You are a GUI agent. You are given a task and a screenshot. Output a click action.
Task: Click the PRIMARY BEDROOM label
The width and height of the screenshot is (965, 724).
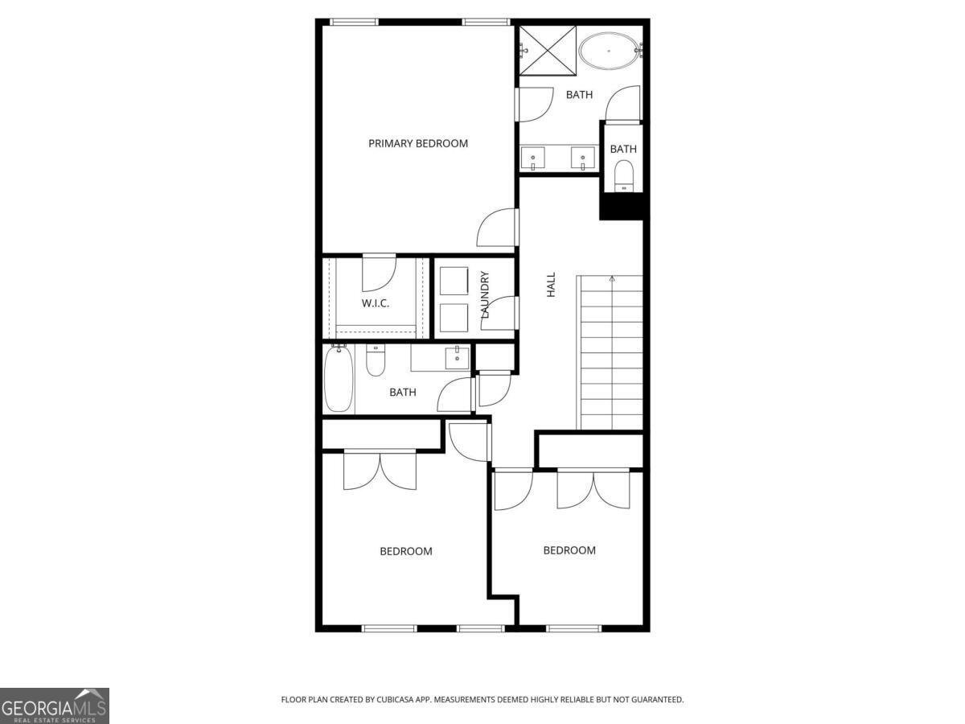(x=417, y=143)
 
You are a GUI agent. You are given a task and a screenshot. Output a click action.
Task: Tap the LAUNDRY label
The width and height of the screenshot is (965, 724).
(x=485, y=294)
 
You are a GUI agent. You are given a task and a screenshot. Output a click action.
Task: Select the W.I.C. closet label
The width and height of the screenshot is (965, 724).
(x=375, y=303)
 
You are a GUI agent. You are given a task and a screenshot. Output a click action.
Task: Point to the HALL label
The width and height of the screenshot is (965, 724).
(x=551, y=285)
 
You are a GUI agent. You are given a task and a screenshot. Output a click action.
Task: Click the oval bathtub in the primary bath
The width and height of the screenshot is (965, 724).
(x=610, y=51)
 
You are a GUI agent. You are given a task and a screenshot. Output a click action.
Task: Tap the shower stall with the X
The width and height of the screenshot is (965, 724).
(x=548, y=51)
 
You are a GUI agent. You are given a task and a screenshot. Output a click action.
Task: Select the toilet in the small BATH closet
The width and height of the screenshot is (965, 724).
(x=623, y=176)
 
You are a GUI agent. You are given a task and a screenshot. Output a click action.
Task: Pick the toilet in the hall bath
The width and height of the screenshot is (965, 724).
(x=376, y=360)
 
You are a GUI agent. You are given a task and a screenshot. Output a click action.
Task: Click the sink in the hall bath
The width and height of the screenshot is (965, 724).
(x=458, y=358)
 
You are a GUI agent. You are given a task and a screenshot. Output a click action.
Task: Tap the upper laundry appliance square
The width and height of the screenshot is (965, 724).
(x=454, y=281)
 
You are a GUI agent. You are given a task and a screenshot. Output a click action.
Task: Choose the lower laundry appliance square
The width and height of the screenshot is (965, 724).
(x=454, y=318)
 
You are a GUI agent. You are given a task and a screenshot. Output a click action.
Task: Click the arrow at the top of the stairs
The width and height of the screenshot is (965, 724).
(x=612, y=278)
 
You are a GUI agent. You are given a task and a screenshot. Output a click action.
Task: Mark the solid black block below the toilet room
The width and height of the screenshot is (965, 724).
(x=622, y=207)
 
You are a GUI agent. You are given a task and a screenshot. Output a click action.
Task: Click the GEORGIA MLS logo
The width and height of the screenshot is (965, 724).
(x=55, y=705)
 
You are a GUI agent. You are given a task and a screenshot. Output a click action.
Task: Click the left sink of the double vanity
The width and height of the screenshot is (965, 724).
(x=533, y=158)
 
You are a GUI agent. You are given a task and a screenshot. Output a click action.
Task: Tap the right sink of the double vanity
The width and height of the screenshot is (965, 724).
(x=583, y=158)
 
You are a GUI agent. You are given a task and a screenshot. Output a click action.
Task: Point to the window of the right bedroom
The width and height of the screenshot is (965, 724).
(x=573, y=628)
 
